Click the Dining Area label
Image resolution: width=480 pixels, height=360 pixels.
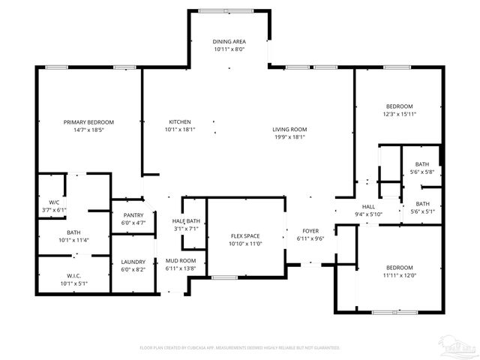[229, 41]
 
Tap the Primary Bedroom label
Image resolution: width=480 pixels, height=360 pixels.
[88, 122]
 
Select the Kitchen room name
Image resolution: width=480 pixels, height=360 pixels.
[179, 121]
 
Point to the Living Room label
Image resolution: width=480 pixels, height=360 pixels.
[289, 129]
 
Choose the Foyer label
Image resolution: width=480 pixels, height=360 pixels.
[310, 231]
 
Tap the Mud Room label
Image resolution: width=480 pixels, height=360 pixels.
[180, 260]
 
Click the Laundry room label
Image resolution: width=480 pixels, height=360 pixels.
[133, 262]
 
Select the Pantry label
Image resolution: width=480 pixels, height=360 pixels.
[133, 215]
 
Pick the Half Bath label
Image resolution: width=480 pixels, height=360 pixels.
[185, 220]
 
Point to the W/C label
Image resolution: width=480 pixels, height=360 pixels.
[54, 202]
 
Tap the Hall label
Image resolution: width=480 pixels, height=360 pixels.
[368, 207]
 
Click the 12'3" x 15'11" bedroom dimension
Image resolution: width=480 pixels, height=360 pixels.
[399, 114]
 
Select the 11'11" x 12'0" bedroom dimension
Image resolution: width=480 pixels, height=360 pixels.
[399, 275]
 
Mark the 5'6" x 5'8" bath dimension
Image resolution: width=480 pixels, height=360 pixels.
[422, 172]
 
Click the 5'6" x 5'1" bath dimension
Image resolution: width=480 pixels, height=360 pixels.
[422, 211]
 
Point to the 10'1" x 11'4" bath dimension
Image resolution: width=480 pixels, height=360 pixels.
[73, 240]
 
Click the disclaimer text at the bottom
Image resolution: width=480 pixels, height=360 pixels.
[240, 348]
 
